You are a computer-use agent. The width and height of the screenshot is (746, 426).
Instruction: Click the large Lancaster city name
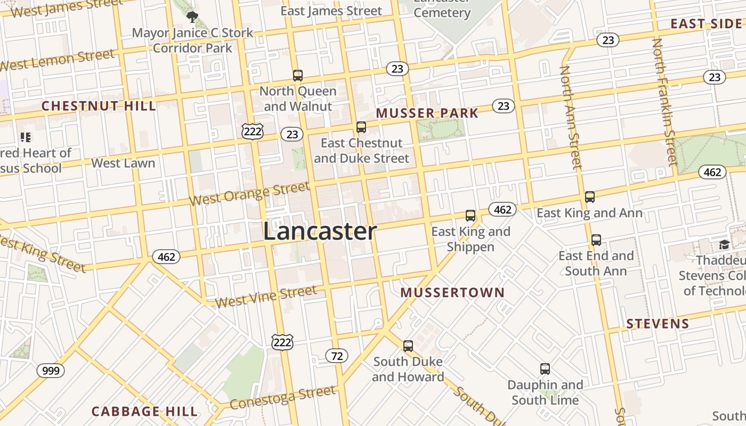(320, 232)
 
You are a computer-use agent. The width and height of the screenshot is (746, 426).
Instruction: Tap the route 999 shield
(51, 370)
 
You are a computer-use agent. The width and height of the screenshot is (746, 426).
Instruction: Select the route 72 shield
(337, 356)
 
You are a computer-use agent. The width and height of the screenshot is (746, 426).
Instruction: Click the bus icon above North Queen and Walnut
(298, 76)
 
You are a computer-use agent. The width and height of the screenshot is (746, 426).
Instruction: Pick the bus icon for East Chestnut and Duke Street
(361, 127)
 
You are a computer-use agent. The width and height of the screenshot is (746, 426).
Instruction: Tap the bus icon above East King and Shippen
(471, 216)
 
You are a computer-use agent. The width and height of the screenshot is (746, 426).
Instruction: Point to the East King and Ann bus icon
(590, 197)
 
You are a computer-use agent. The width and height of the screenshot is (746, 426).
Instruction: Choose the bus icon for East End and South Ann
(596, 240)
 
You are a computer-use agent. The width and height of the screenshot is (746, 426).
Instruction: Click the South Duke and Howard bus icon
(408, 346)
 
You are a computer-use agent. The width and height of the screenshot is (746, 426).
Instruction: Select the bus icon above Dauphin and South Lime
(545, 369)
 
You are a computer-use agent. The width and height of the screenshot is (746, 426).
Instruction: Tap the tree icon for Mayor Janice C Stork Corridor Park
(192, 17)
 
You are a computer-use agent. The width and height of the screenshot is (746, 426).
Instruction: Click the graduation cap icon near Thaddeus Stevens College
(724, 244)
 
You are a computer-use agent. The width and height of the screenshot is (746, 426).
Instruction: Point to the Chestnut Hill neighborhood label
(99, 105)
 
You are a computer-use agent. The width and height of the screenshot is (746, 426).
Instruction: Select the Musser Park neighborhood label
(427, 113)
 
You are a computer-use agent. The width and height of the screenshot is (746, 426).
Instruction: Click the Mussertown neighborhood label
(452, 292)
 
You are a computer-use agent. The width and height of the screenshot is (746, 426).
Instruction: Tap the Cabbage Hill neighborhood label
(144, 411)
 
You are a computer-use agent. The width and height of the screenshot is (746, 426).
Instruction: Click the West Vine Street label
(266, 296)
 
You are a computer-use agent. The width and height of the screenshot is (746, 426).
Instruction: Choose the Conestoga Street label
(283, 397)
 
